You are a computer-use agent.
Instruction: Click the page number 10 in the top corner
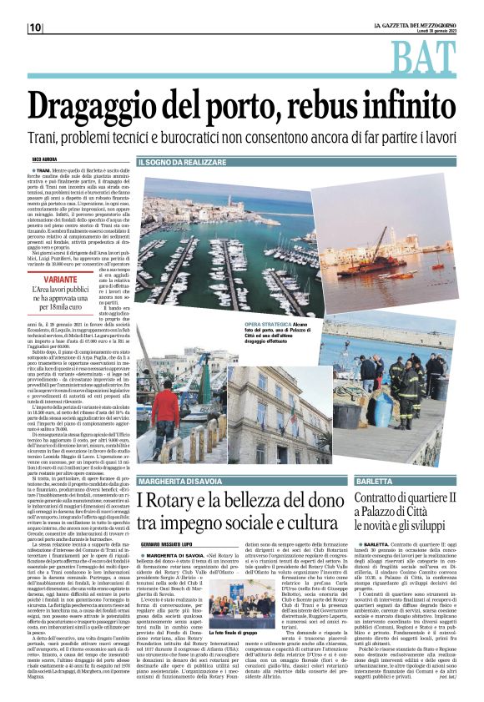pyautogui.click(x=35, y=28)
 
